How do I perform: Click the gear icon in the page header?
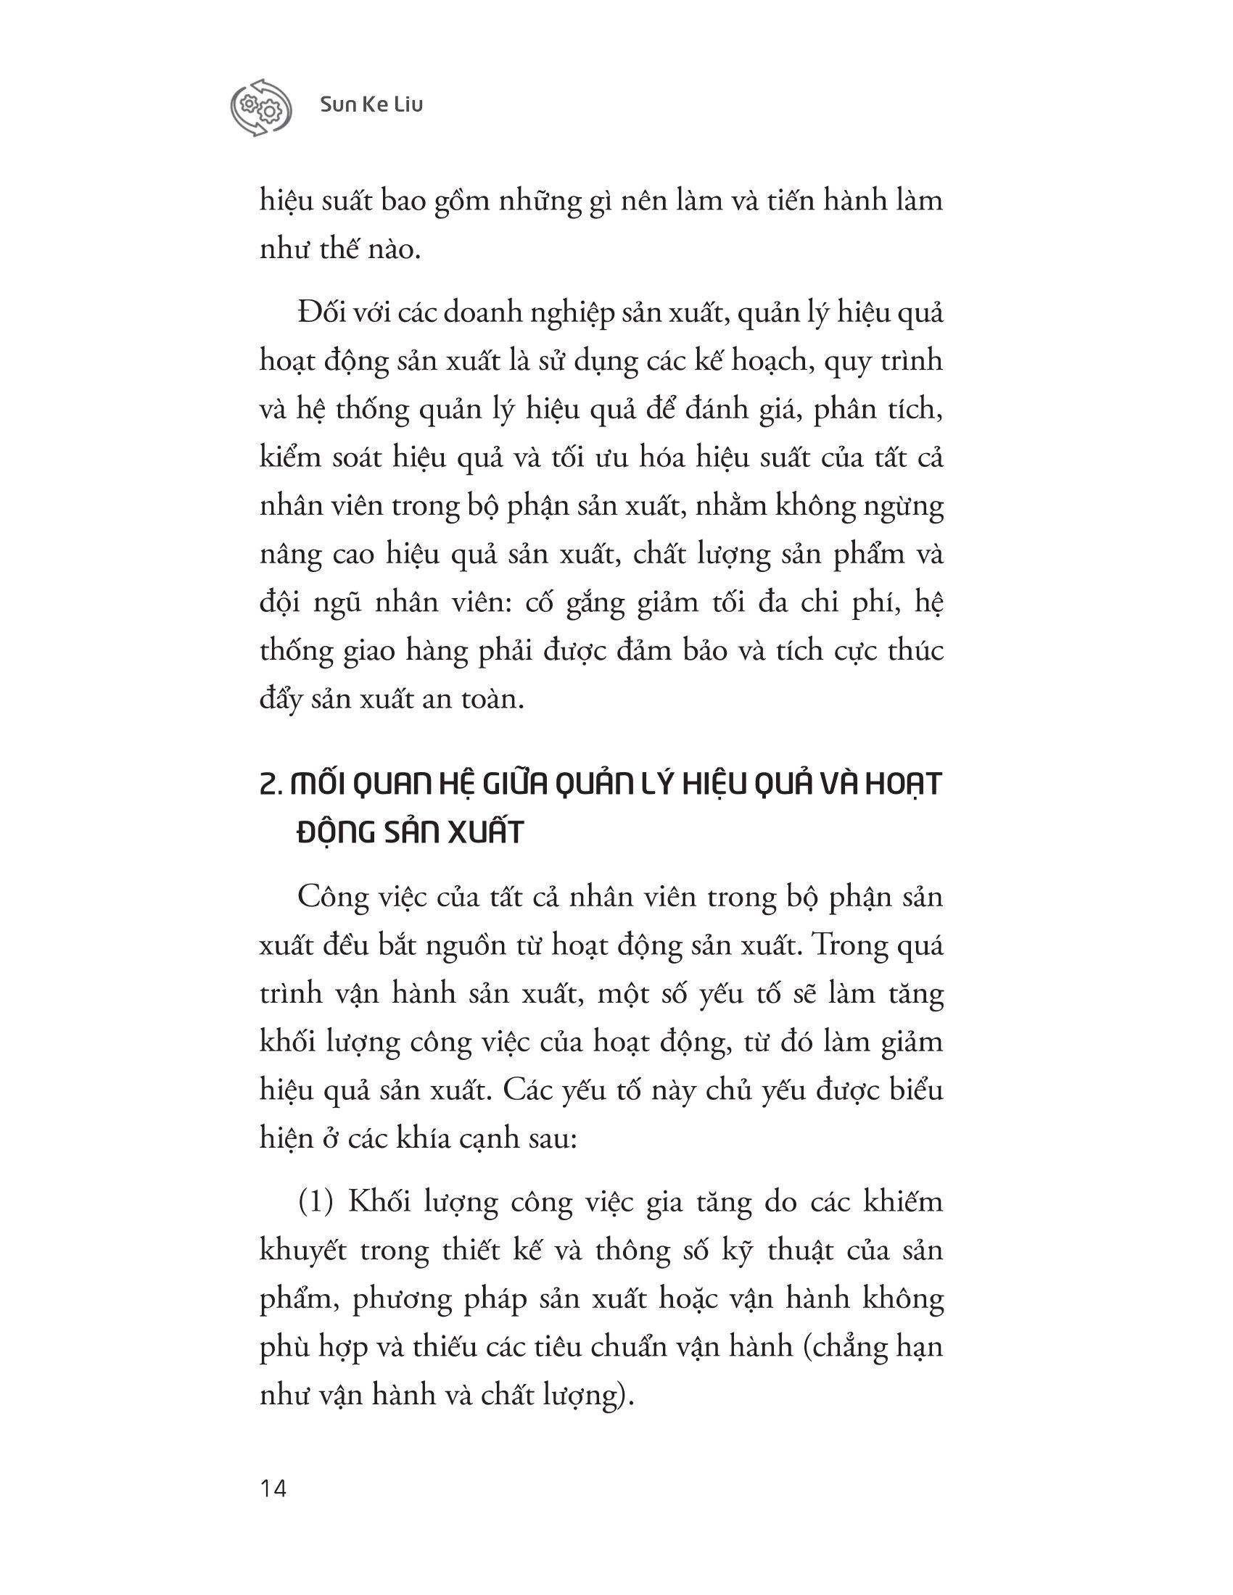(261, 107)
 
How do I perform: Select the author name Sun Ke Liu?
(372, 105)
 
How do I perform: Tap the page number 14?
(273, 1488)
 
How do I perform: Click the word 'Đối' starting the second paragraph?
(321, 312)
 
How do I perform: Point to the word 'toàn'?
(495, 700)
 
